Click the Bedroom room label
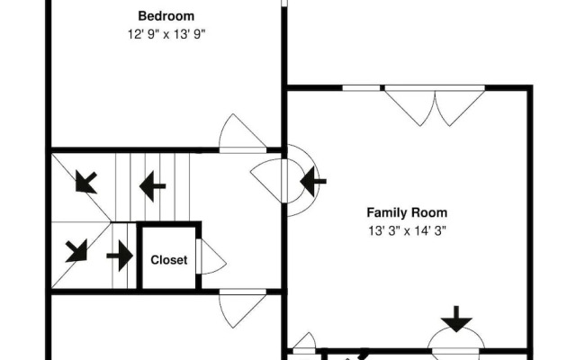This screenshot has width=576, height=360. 166,16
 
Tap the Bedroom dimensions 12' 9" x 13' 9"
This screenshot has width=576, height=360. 166,34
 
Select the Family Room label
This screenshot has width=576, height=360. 407,212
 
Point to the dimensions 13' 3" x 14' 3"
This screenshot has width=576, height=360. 407,230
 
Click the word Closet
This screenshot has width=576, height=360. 169,260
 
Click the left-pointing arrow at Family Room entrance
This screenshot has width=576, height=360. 312,181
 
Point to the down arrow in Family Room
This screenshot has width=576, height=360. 456,319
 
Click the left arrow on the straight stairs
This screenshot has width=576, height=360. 152,186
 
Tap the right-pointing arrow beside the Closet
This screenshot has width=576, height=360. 120,256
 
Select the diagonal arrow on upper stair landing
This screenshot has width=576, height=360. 86,182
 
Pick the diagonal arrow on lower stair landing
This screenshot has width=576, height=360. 76,251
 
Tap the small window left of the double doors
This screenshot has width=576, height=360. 361,88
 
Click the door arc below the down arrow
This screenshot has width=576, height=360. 456,338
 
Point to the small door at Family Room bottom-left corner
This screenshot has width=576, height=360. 304,341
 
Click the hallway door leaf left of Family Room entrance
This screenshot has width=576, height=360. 267,180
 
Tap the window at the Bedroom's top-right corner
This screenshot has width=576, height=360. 284,4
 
